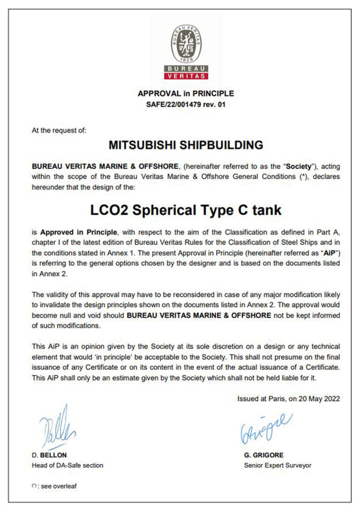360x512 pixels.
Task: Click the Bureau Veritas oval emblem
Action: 186,44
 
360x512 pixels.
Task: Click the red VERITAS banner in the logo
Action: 186,75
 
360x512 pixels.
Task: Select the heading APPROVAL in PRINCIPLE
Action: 186,93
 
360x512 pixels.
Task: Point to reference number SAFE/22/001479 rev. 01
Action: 186,104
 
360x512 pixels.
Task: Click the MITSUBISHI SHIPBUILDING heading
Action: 186,145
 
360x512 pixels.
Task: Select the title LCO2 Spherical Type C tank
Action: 186,210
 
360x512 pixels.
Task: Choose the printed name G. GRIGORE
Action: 264,455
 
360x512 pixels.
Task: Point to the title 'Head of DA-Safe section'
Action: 67,465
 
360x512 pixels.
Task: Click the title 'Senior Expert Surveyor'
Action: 277,465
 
